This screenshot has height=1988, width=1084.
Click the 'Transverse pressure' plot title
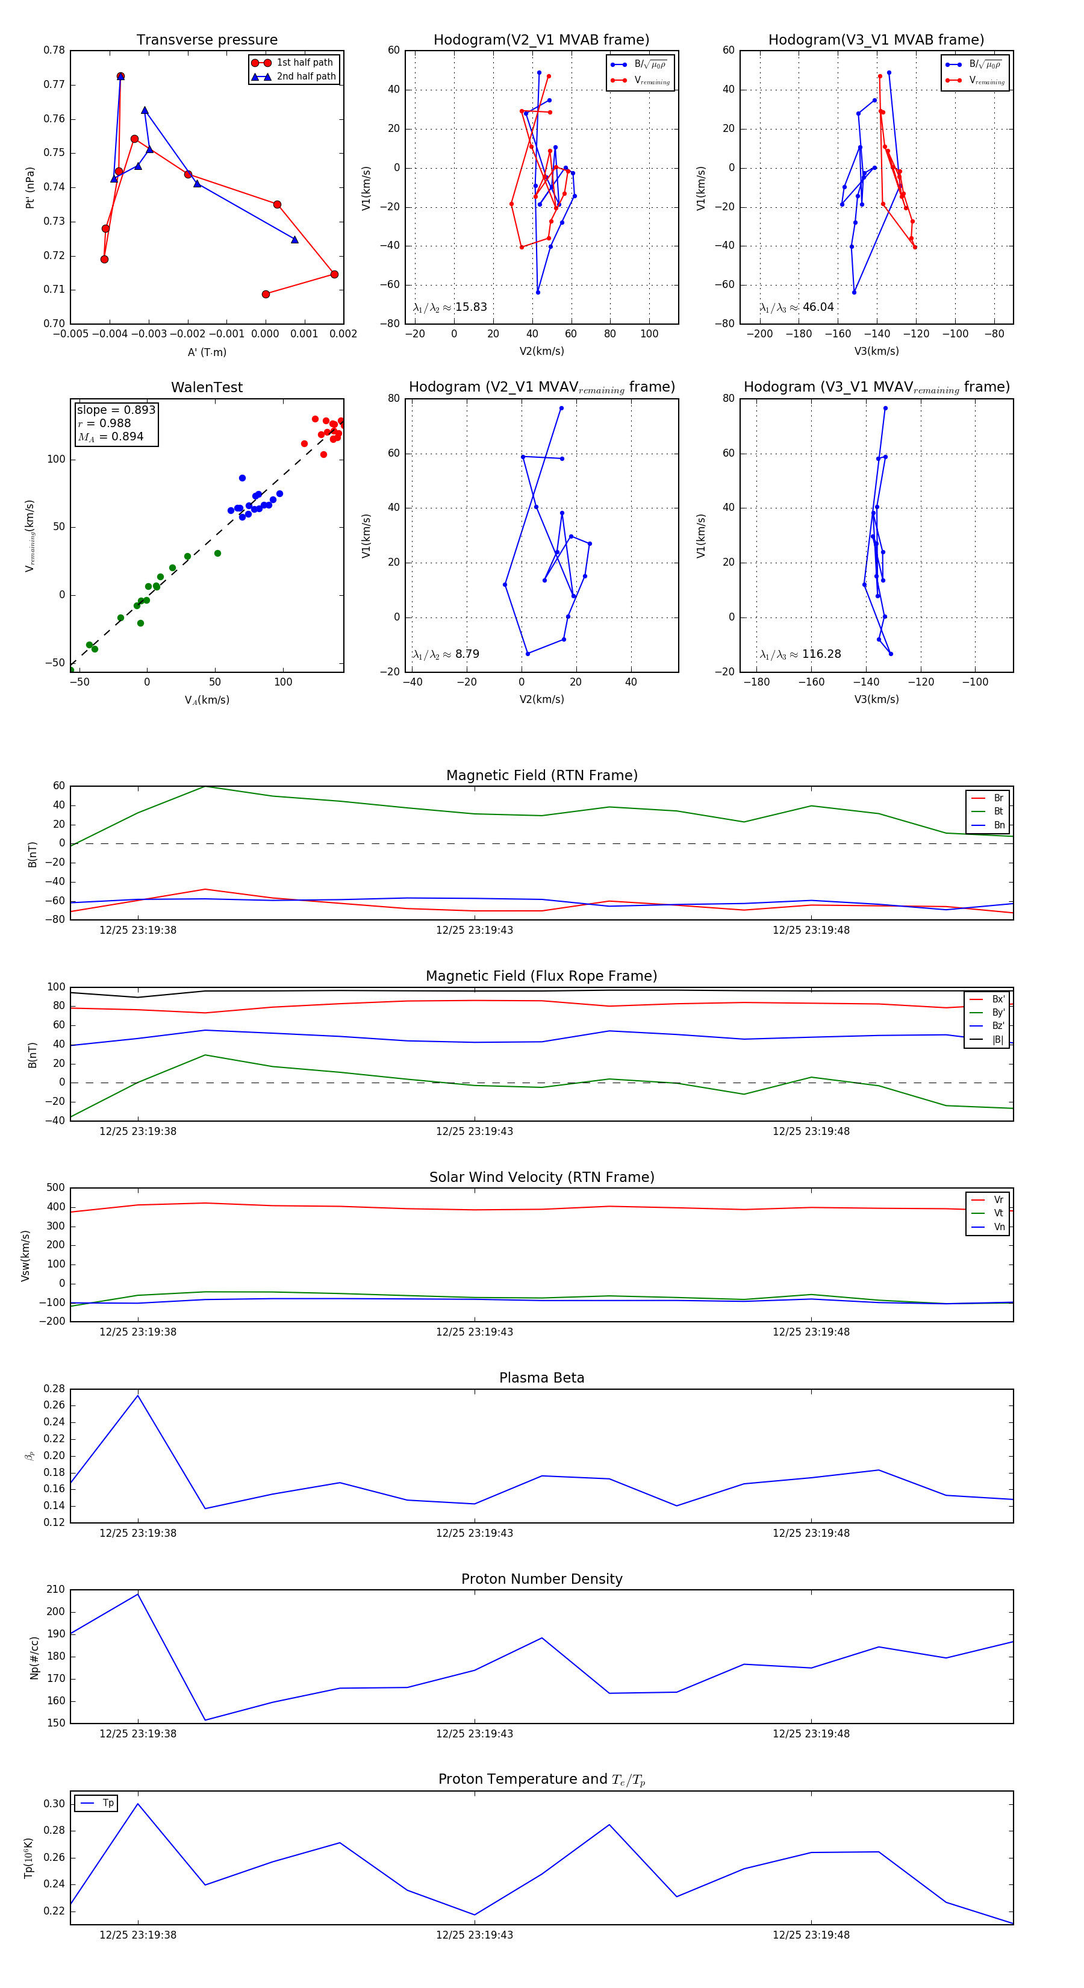(x=207, y=40)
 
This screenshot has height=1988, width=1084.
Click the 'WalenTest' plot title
(x=207, y=387)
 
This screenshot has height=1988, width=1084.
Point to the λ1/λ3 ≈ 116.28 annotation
(x=800, y=654)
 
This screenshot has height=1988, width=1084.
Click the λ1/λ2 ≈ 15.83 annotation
(x=450, y=307)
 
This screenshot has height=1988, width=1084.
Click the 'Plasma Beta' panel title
(x=541, y=1378)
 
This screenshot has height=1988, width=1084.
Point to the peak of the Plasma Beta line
(x=138, y=1395)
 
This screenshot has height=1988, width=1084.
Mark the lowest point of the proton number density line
(x=205, y=1720)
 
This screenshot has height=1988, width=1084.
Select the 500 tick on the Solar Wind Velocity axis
(x=55, y=1188)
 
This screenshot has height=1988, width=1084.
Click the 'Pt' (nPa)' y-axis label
(x=30, y=187)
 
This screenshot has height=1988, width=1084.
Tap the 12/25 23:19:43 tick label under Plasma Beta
(x=474, y=1533)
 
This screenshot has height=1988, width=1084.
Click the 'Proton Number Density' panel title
(x=541, y=1579)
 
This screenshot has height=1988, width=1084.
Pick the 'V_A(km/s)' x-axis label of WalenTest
(x=207, y=700)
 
